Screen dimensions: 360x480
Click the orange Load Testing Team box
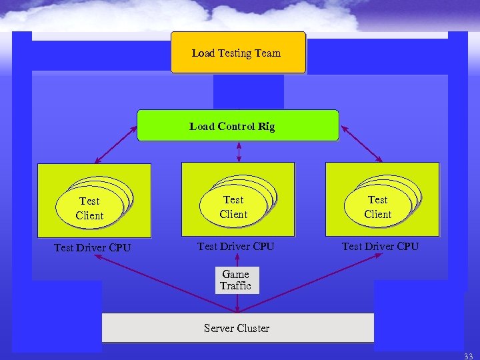point(238,52)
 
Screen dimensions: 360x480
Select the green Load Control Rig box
point(237,125)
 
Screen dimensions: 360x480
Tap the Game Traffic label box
point(236,280)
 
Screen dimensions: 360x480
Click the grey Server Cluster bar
point(237,327)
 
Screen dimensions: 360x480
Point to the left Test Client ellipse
point(89,208)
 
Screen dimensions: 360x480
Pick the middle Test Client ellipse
point(233,207)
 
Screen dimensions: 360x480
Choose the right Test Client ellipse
point(377,207)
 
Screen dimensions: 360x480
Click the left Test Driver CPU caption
point(92,248)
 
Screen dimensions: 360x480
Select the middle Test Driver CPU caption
point(236,247)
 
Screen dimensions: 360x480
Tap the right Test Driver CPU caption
point(380,247)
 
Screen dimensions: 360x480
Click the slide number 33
point(468,356)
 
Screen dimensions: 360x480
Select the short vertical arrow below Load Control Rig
point(239,151)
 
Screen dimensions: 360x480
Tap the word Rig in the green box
point(266,126)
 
